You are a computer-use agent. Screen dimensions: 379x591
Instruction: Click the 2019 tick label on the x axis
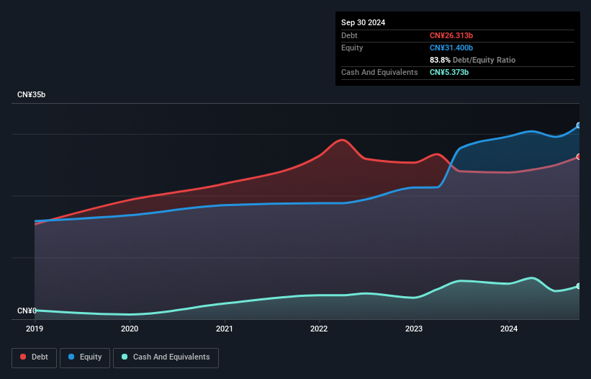click(35, 329)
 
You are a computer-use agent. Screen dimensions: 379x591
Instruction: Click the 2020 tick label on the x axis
click(130, 329)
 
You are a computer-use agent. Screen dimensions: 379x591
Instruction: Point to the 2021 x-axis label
click(225, 329)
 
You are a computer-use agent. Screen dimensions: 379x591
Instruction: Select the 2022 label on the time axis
click(319, 329)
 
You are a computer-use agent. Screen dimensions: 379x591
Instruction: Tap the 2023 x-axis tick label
click(414, 329)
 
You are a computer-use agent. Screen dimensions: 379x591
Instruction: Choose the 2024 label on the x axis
click(509, 329)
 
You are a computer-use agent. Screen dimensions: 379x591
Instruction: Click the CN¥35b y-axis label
click(32, 95)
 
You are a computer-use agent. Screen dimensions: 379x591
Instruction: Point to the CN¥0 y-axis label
click(27, 311)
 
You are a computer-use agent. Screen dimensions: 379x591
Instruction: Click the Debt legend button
click(34, 357)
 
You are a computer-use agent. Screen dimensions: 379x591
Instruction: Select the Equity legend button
click(85, 357)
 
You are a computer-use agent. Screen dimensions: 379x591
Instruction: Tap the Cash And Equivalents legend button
click(166, 357)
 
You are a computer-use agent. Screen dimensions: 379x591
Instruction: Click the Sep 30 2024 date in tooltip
click(363, 22)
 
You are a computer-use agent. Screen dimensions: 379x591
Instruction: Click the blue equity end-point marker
click(579, 125)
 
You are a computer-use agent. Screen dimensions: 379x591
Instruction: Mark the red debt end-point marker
click(579, 156)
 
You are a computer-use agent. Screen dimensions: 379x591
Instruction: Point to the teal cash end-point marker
click(579, 286)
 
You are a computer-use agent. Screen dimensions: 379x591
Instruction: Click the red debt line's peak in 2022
click(343, 140)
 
